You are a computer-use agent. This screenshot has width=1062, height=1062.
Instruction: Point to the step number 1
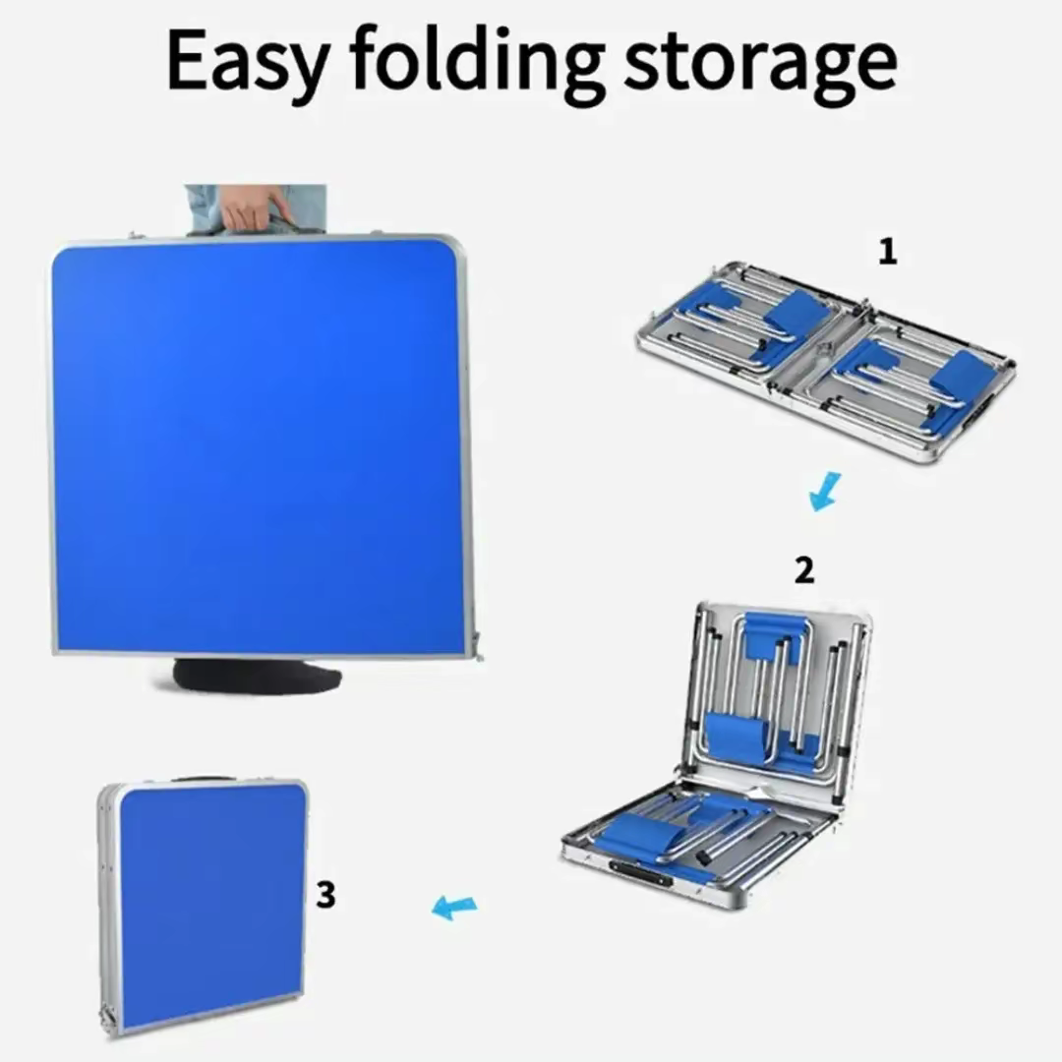tap(888, 252)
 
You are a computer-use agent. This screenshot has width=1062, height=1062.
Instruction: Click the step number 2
tap(804, 570)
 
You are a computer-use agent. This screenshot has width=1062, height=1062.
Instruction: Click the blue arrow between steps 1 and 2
tap(825, 492)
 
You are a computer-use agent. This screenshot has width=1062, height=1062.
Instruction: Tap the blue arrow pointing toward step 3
tap(454, 907)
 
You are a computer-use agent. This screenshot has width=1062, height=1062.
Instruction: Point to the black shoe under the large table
tap(258, 675)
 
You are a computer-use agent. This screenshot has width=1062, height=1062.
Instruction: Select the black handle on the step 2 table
tap(640, 874)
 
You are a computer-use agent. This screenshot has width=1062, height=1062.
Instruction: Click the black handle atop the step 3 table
tap(204, 780)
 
